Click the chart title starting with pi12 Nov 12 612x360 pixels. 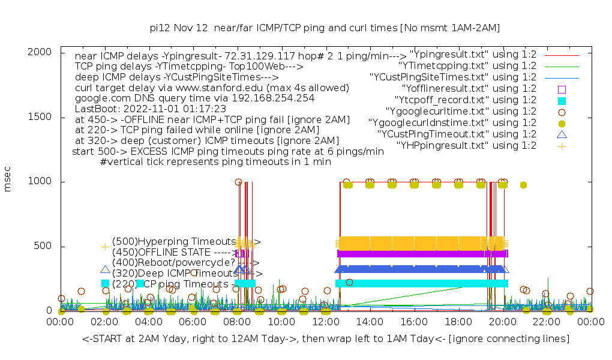pyautogui.click(x=325, y=28)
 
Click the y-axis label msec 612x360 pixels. pyautogui.click(x=8, y=181)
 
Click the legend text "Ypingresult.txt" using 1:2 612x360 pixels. pyautogui.click(x=472, y=54)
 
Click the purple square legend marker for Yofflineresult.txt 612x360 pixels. pyautogui.click(x=562, y=88)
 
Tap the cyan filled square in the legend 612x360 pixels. pyautogui.click(x=562, y=100)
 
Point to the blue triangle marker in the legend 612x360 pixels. pyautogui.click(x=562, y=134)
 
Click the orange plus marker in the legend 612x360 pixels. pyautogui.click(x=562, y=145)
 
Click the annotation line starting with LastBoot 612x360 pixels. pyautogui.click(x=151, y=109)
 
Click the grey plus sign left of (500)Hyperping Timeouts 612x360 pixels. pyautogui.click(x=106, y=246)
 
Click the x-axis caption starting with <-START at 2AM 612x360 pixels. pyautogui.click(x=326, y=339)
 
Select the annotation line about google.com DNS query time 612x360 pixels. pyautogui.click(x=194, y=98)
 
